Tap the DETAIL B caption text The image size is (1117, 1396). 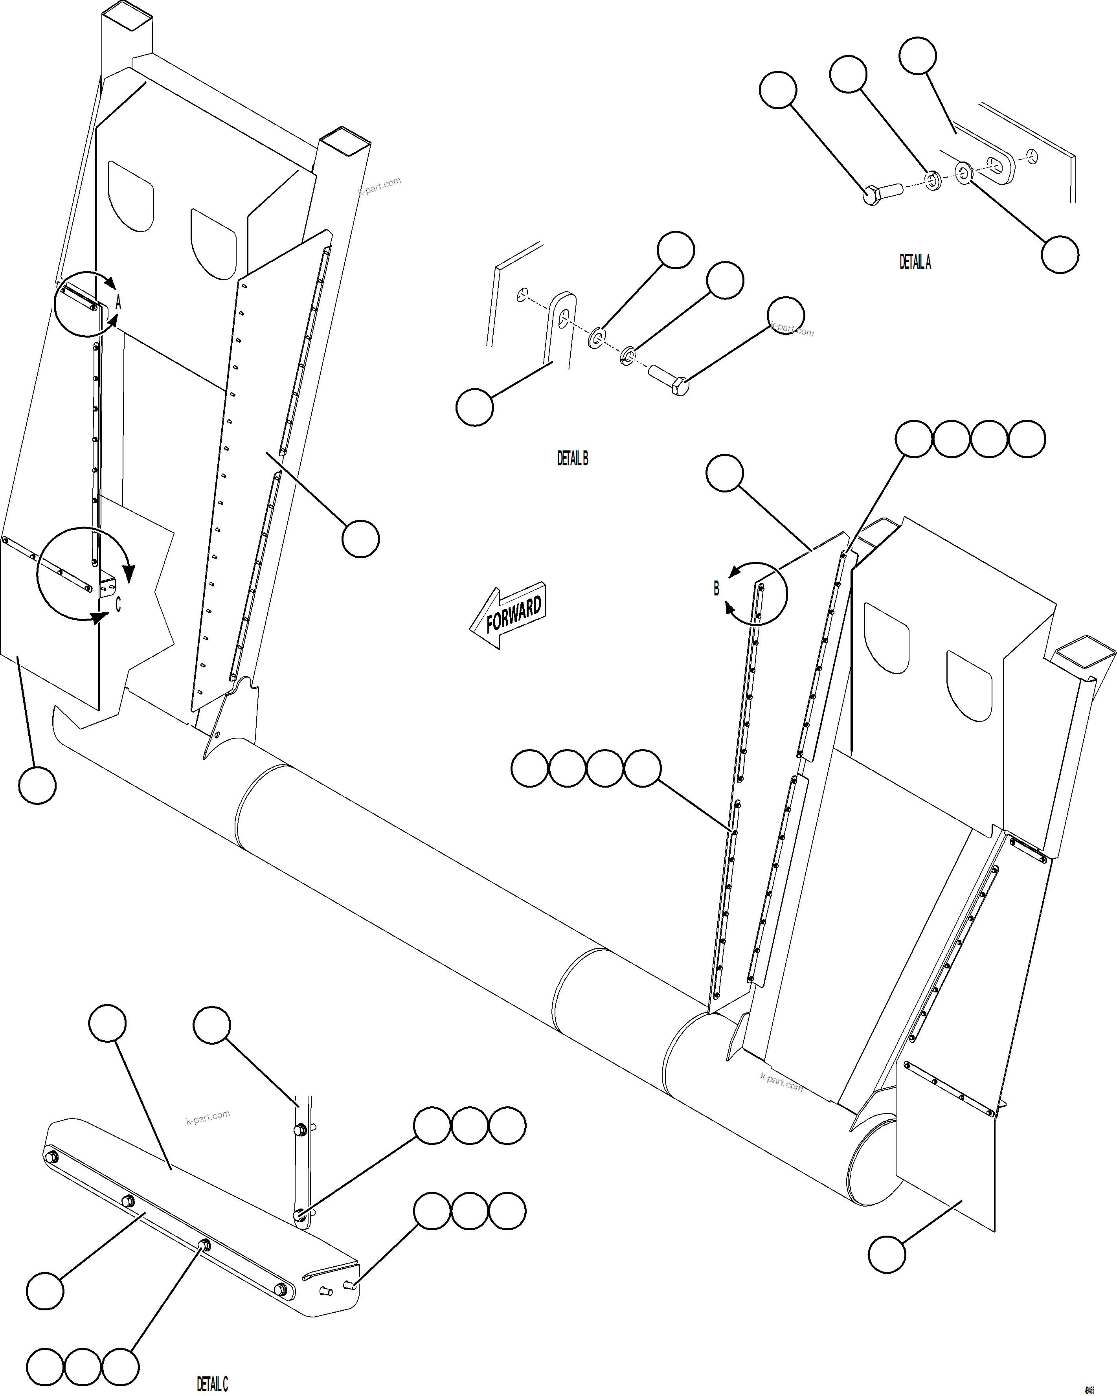click(572, 458)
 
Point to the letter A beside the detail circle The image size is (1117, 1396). click(118, 302)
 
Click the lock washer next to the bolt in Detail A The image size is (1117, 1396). click(932, 181)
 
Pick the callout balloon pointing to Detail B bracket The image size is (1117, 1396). click(475, 407)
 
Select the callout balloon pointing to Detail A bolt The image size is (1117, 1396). click(778, 90)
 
